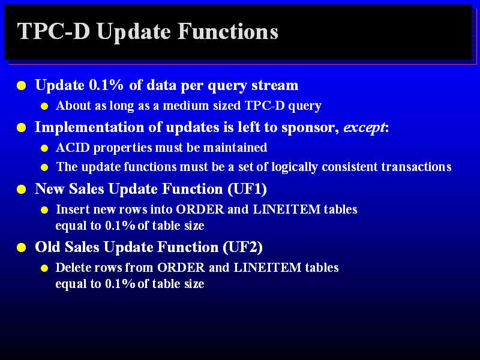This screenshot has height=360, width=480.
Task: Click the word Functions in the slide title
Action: pos(227,31)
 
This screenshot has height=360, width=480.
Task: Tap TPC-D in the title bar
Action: pos(53,31)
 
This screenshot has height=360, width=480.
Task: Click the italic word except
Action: pos(364,128)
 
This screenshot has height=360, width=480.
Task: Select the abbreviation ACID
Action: pos(73,148)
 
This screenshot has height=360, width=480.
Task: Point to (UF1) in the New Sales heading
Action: pos(247,188)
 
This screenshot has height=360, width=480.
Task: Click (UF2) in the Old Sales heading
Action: pos(242,247)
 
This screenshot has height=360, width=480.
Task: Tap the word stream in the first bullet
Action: pos(275,85)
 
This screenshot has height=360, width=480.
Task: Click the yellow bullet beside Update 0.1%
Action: pos(22,86)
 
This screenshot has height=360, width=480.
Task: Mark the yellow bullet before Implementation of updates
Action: pos(22,128)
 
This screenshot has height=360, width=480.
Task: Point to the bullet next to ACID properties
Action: pos(44,148)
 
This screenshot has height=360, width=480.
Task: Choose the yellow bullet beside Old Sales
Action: pos(22,247)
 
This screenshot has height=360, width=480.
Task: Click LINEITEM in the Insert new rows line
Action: pos(287,209)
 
